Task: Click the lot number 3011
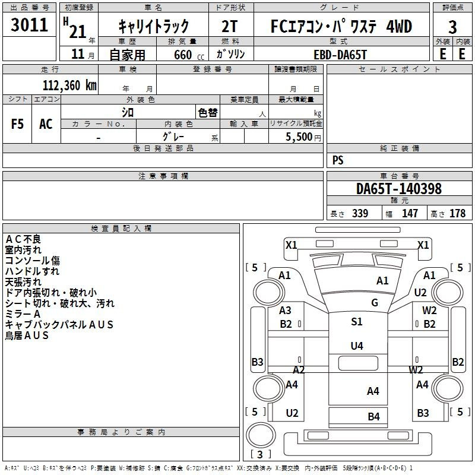29,24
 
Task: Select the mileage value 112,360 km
69,85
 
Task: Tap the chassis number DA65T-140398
399,189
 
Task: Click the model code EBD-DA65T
340,55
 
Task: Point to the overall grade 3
452,27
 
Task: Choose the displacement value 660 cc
189,55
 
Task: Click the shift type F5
17,124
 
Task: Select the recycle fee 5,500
299,137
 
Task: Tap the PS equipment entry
338,160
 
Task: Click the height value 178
457,213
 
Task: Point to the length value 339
360,213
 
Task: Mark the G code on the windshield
375,302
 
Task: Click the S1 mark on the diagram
357,321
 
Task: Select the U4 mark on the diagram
357,346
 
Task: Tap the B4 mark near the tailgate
374,417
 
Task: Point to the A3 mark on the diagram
285,311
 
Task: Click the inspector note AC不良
23,239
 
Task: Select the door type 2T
230,26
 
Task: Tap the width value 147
410,213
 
